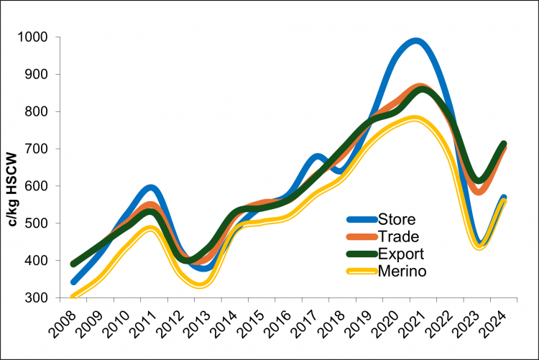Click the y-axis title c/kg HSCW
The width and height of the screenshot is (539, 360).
pos(12,167)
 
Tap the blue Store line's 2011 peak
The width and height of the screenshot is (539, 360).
pos(148,188)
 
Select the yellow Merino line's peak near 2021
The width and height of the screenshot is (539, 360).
pos(415,119)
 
